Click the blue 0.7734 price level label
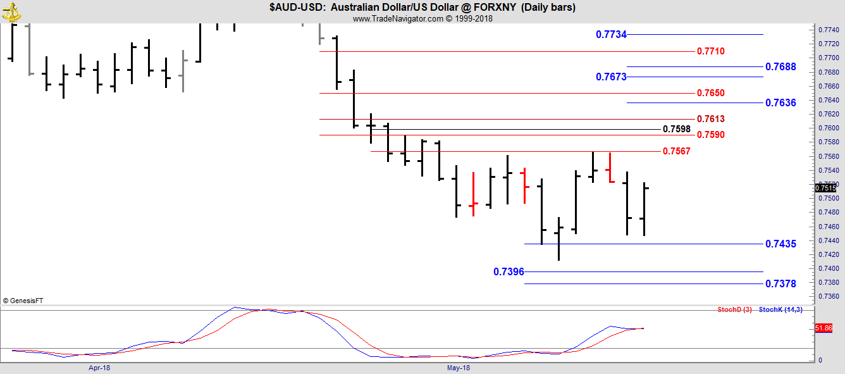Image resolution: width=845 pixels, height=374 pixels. pos(611,34)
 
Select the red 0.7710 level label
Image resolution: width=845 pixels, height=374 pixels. pos(711,51)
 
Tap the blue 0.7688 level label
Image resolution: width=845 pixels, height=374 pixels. pos(780,67)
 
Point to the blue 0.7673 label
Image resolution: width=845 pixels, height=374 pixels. pos(611,77)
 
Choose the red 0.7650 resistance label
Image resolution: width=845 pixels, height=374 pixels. pos(711,93)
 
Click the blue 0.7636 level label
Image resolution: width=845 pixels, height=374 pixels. pos(780,103)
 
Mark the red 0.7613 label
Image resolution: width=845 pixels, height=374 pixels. pos(711,119)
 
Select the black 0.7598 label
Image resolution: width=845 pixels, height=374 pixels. pos(677,129)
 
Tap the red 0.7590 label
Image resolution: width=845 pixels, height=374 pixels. pos(711,135)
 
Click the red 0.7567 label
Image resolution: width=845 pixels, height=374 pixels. pos(677,151)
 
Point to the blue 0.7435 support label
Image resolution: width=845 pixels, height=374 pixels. pos(780,244)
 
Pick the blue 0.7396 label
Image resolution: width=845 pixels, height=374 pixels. pos(509,271)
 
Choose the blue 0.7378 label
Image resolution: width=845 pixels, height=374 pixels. pos(780,284)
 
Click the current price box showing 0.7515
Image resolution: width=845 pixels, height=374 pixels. pos(825,188)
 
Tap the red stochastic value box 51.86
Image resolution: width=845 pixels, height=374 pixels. pos(823,328)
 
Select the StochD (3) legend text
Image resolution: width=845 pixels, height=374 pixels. pos(734,310)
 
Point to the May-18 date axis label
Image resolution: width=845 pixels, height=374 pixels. pos(459,368)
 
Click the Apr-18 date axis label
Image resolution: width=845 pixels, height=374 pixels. pos(99,368)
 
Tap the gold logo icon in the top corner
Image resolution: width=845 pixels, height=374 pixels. pos(11,11)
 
